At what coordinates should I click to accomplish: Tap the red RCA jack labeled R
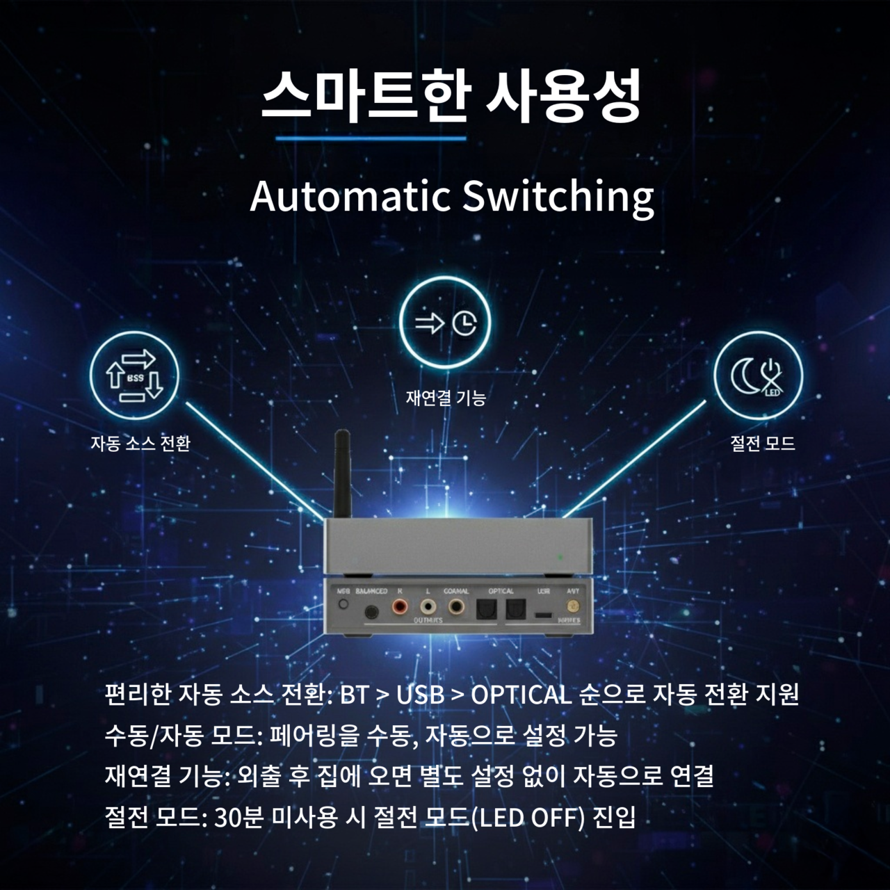pyautogui.click(x=400, y=609)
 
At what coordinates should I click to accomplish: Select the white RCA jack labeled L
pyautogui.click(x=428, y=609)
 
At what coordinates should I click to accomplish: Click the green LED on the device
pyautogui.click(x=560, y=557)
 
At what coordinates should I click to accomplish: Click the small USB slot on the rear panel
pyautogui.click(x=544, y=615)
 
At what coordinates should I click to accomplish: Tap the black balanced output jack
pyautogui.click(x=372, y=612)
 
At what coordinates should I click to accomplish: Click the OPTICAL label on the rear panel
pyautogui.click(x=501, y=591)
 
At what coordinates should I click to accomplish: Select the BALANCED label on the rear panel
pyautogui.click(x=371, y=591)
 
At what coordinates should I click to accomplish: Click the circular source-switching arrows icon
pyautogui.click(x=135, y=376)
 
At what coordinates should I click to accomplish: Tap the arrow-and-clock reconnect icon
pyautogui.click(x=445, y=323)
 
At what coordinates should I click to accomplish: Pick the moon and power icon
pyautogui.click(x=759, y=376)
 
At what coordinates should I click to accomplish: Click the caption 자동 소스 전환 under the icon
pyautogui.click(x=140, y=443)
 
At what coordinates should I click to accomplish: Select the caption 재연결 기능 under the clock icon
pyautogui.click(x=446, y=398)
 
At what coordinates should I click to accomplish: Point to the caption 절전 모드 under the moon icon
pyautogui.click(x=763, y=443)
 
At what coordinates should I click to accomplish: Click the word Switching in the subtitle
pyautogui.click(x=558, y=197)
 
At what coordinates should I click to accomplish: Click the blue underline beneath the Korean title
pyautogui.click(x=371, y=138)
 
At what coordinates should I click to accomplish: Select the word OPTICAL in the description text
pyautogui.click(x=521, y=694)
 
